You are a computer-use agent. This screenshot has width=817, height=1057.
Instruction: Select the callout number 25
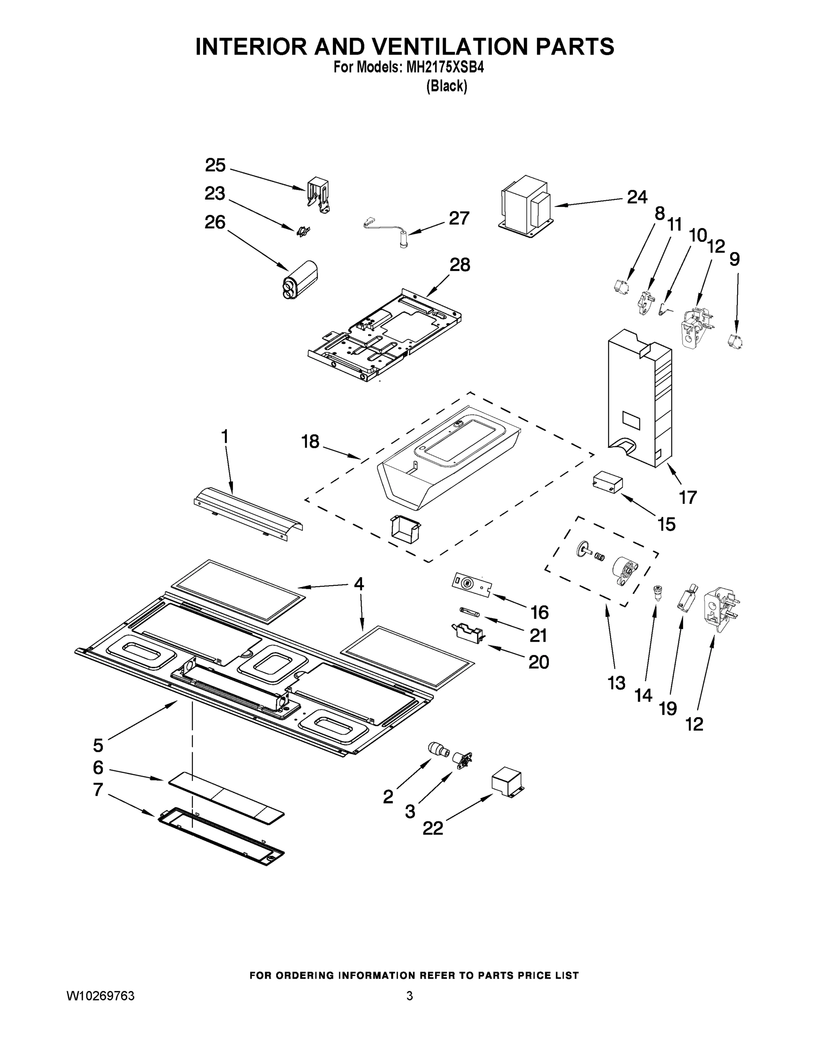pos(215,166)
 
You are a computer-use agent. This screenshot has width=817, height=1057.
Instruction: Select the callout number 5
pos(98,745)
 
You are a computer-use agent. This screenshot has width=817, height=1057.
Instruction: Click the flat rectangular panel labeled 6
pos(226,801)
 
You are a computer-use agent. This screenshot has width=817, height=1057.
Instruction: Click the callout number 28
pos(459,265)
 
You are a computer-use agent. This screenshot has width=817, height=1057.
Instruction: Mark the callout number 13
pos(617,683)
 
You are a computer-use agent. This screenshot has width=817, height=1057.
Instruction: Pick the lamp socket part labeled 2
pos(438,750)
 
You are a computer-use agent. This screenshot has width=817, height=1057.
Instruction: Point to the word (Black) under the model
pos(446,87)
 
